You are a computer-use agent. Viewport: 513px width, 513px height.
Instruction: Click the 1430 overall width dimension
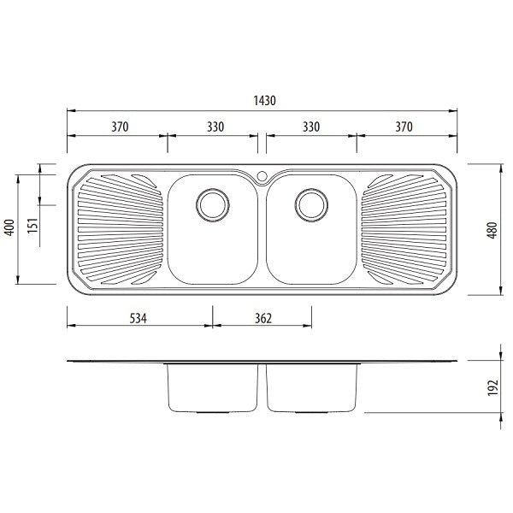point(265,100)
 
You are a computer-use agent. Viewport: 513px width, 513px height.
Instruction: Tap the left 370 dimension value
point(120,127)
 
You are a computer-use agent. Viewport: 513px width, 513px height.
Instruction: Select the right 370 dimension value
point(404,127)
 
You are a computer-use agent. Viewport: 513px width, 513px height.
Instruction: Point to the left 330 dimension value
point(215,127)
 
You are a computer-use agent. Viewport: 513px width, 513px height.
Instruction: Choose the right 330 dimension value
point(311,127)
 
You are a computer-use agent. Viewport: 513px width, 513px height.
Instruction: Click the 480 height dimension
point(492,230)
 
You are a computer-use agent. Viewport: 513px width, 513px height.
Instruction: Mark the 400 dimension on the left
point(9,227)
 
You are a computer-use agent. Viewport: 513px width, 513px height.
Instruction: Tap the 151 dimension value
point(32,226)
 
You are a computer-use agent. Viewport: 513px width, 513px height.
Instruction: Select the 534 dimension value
point(138,318)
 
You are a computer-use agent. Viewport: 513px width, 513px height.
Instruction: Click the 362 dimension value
point(263,318)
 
